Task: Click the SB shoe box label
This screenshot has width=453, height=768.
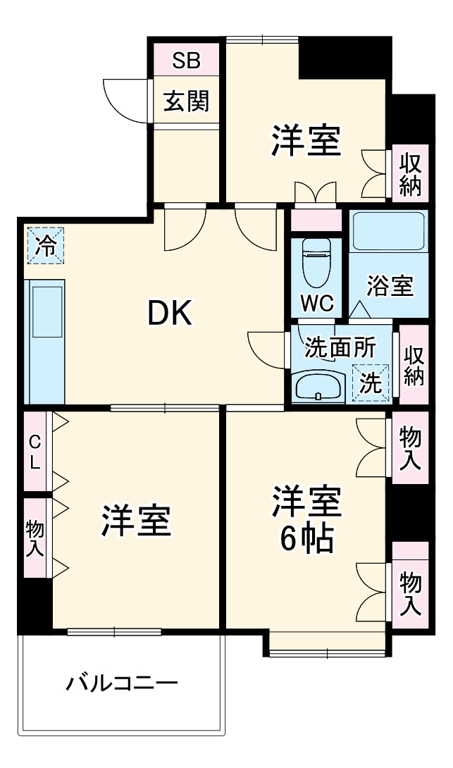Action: point(187,61)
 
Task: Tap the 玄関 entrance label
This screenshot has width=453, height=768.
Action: point(187,102)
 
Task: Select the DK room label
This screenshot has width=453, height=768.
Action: point(169,314)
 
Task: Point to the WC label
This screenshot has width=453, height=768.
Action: point(317,304)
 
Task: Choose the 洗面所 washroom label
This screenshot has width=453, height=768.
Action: point(340,347)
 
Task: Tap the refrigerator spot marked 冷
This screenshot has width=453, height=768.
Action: point(45,246)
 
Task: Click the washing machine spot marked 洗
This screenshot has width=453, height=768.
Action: point(371,383)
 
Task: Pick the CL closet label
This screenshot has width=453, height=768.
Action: point(35,452)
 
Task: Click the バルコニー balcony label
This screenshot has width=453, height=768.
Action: point(123,683)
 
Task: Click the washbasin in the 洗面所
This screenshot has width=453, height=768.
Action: point(318,386)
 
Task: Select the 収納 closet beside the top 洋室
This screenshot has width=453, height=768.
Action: point(410,174)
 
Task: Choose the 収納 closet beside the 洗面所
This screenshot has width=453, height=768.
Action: point(414,364)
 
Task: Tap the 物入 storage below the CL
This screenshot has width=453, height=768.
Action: point(35,539)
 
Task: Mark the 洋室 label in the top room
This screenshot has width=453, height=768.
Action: point(306,141)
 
